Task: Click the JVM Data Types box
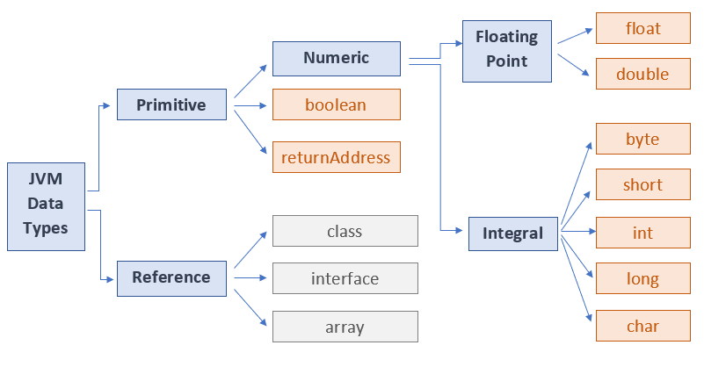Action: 46,206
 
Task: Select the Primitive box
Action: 171,105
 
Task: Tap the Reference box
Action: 171,277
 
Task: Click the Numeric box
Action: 337,59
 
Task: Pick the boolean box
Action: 337,105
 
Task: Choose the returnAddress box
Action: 337,157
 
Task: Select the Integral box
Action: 512,234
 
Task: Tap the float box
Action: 642,28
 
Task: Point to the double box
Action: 642,75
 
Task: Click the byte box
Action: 642,139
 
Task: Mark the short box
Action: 642,185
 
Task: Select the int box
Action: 642,234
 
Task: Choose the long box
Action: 642,279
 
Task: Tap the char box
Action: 642,326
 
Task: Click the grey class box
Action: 345,231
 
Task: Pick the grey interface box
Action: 345,278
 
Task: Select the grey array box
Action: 345,327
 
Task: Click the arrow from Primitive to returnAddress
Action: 249,132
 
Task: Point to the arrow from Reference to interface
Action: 250,278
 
